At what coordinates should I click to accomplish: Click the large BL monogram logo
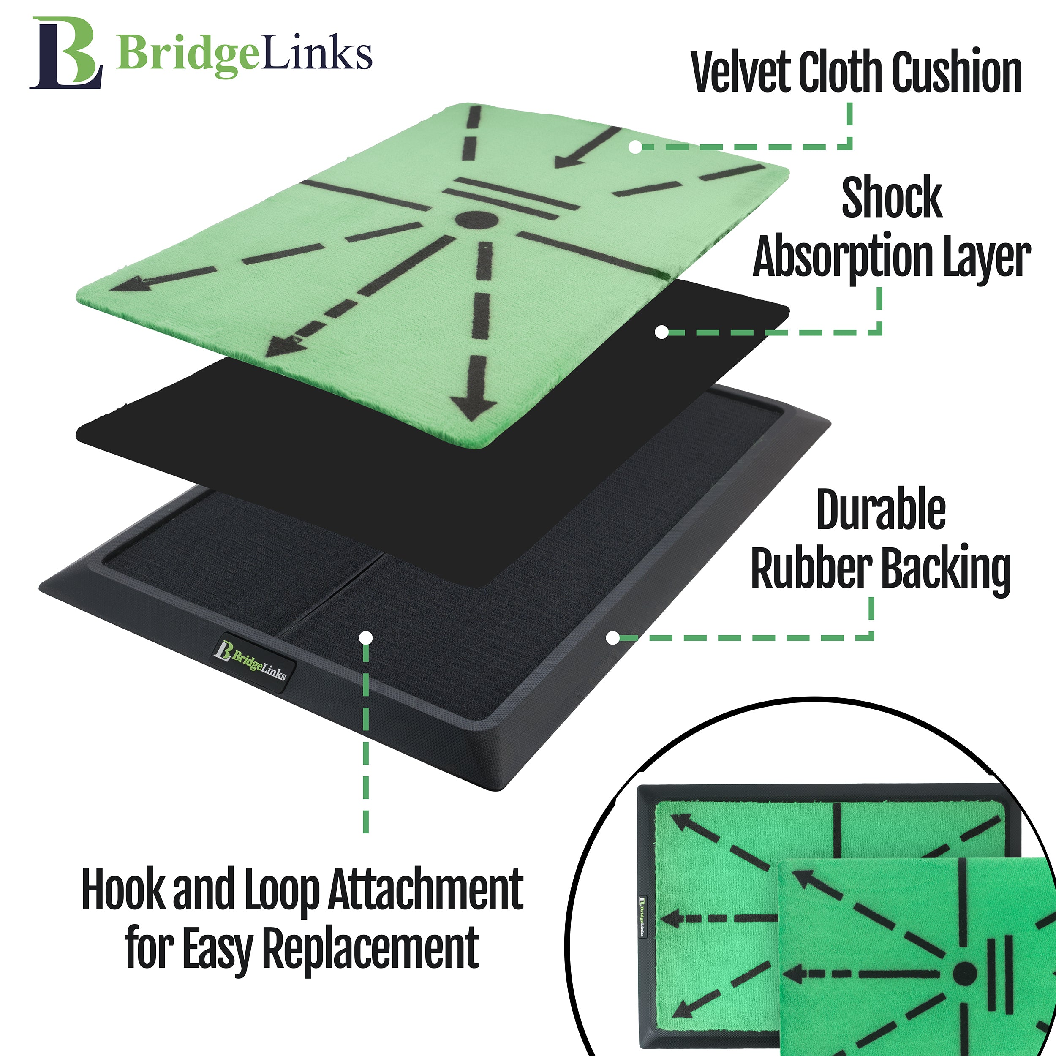(x=65, y=53)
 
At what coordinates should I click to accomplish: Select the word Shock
(x=892, y=197)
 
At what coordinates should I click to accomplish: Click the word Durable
(x=881, y=509)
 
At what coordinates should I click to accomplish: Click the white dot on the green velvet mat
(x=634, y=147)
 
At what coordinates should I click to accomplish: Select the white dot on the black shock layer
(x=661, y=332)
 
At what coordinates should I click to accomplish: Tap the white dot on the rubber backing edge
(x=613, y=637)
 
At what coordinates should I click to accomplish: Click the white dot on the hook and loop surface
(x=367, y=637)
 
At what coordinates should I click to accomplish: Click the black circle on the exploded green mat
(x=476, y=220)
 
